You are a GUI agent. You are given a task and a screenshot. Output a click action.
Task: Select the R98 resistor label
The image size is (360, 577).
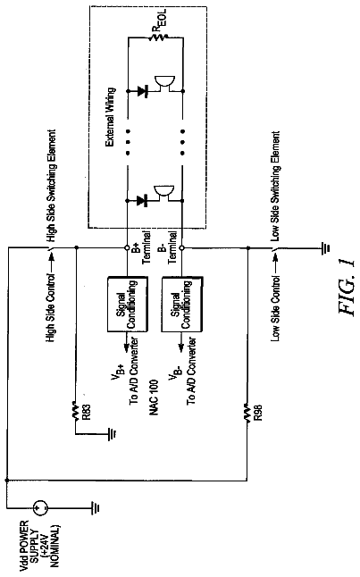(x=258, y=413)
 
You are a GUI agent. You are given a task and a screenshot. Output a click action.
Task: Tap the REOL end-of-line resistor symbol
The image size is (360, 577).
(x=159, y=37)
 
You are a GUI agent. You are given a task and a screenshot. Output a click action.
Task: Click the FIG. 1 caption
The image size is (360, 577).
(x=347, y=287)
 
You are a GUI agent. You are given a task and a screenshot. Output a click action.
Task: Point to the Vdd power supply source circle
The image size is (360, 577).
(x=40, y=508)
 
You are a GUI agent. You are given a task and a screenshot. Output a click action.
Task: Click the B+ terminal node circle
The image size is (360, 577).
(x=127, y=247)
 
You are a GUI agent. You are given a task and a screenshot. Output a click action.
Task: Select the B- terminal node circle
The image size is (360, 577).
(x=182, y=247)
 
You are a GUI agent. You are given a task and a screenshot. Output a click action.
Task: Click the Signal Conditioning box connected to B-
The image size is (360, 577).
(x=182, y=305)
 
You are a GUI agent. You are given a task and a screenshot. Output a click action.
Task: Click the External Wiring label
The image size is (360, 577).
(x=111, y=117)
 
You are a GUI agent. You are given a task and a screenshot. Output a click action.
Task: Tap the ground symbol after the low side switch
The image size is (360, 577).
(x=326, y=248)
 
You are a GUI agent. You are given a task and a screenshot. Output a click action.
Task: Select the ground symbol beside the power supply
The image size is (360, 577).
(x=96, y=508)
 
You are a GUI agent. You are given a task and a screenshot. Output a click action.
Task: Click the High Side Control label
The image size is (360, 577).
(x=51, y=307)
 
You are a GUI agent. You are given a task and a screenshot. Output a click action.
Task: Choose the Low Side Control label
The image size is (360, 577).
(x=276, y=308)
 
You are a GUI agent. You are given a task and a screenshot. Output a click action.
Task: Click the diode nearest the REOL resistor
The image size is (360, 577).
(x=142, y=90)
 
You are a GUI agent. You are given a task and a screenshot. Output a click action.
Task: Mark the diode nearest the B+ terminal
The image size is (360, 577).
(x=142, y=201)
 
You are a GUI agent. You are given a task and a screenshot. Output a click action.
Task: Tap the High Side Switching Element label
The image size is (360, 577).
(x=52, y=185)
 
